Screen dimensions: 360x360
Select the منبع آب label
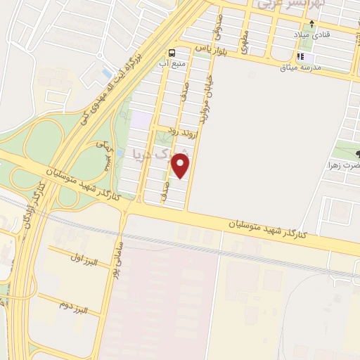pyautogui.click(x=173, y=63)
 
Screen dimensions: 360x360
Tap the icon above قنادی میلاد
pyautogui.click(x=311, y=24)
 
